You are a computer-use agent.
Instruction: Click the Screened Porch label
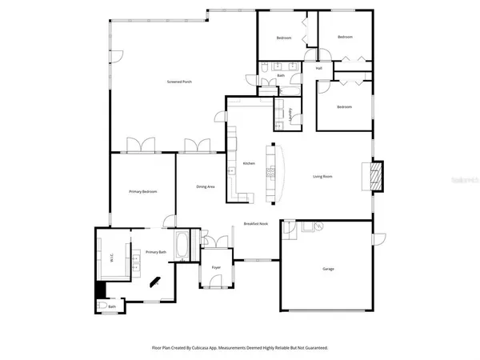(178, 82)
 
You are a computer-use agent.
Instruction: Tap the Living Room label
(322, 177)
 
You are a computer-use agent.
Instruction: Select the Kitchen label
(249, 164)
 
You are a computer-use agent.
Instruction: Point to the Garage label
(328, 269)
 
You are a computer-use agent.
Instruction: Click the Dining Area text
(206, 186)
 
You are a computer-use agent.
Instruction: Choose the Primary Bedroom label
(142, 192)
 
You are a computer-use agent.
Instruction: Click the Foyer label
(216, 266)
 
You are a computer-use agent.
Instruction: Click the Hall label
(318, 69)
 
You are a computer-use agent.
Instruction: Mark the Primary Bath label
(156, 252)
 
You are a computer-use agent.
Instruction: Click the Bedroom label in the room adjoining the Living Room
(344, 106)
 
